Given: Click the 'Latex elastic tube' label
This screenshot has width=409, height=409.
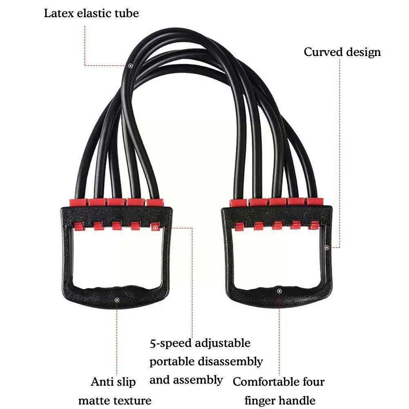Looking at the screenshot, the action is pos(91,13).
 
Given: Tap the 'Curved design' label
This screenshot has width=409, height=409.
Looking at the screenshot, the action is pos(342,52).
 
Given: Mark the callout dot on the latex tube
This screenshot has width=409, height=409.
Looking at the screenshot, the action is pos(130,65).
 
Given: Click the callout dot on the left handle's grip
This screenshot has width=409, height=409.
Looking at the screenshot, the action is pos(117,300).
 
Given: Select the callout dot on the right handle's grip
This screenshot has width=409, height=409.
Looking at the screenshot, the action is pos(279,291).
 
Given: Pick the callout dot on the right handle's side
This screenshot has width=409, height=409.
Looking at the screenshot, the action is pos(326,247).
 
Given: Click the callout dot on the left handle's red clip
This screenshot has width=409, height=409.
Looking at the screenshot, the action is pos(155,227).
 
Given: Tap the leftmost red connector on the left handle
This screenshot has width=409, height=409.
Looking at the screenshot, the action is pos(77,202).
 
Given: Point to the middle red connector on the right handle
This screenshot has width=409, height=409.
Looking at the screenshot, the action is pos(276,202).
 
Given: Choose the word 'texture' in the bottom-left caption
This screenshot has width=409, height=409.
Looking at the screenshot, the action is pos(132,400).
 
